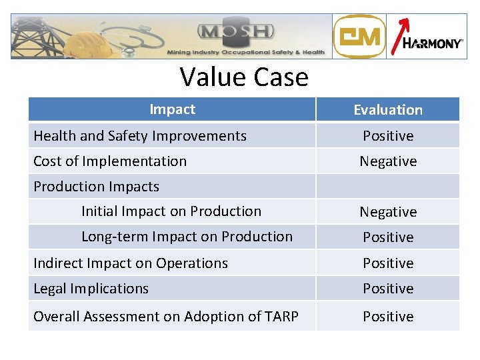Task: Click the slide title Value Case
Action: click(244, 77)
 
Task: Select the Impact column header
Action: click(172, 109)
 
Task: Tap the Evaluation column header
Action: click(388, 110)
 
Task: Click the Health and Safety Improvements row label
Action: click(140, 136)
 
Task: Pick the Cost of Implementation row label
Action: click(110, 161)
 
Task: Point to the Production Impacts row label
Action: click(97, 187)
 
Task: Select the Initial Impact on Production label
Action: click(171, 211)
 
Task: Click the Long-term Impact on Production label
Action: click(187, 237)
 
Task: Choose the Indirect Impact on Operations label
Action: click(131, 263)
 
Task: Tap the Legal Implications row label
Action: click(91, 289)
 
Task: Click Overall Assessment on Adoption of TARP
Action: click(166, 317)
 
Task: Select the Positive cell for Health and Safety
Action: click(388, 136)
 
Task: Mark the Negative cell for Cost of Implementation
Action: click(388, 161)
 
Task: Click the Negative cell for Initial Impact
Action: click(388, 212)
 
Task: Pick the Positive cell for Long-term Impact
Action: click(388, 237)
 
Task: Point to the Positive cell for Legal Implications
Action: click(388, 289)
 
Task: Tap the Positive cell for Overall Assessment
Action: click(388, 317)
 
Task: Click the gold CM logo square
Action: click(359, 37)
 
